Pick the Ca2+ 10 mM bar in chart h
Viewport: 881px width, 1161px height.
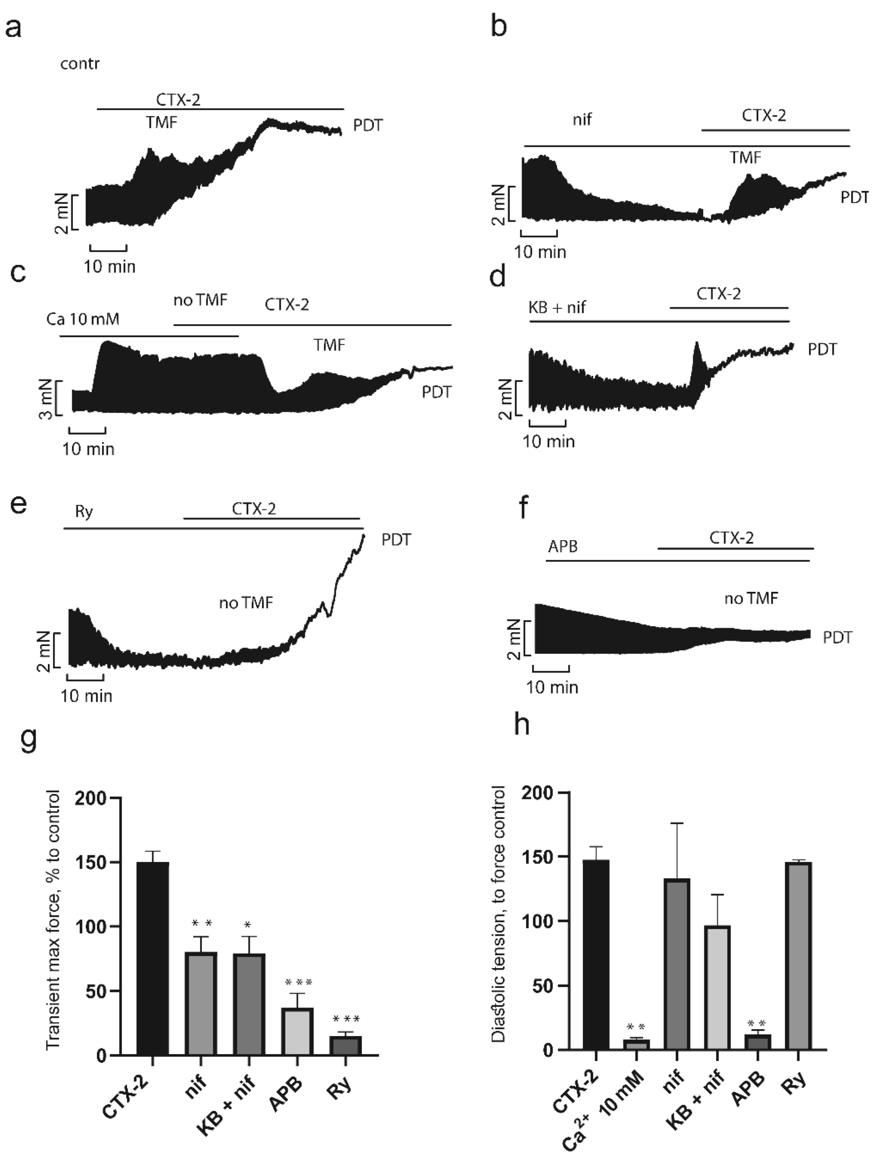pyautogui.click(x=636, y=1045)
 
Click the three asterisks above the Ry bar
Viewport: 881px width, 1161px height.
pyautogui.click(x=347, y=1020)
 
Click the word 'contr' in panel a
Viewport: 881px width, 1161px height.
pyautogui.click(x=80, y=64)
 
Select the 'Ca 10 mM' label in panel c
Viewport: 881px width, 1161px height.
pyautogui.click(x=83, y=319)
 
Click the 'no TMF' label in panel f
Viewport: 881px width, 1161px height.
pyautogui.click(x=751, y=598)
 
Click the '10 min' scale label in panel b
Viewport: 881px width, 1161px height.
pyautogui.click(x=540, y=252)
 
